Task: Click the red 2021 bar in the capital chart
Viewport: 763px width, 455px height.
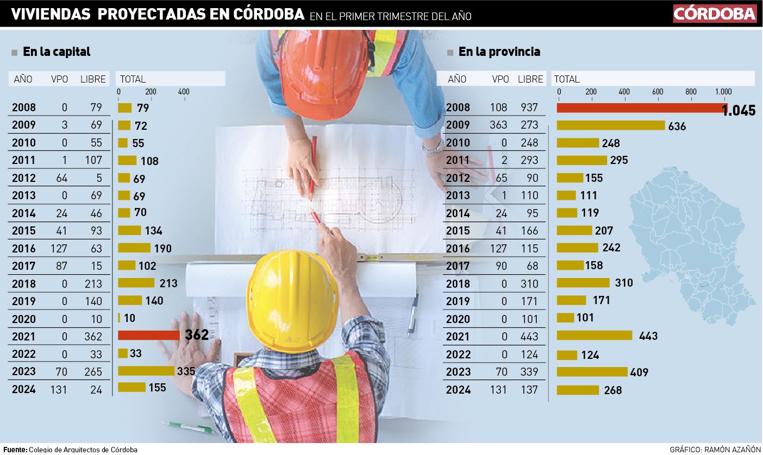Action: click(148, 335)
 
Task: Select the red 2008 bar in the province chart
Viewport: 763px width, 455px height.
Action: click(641, 108)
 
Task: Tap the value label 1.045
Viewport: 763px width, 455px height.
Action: click(739, 111)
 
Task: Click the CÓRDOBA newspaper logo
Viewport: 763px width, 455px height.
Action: click(715, 14)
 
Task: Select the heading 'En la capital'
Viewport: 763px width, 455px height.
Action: click(57, 52)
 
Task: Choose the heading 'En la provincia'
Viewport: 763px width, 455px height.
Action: click(499, 52)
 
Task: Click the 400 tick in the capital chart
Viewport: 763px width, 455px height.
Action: click(184, 92)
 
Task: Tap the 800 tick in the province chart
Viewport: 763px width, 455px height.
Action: click(690, 92)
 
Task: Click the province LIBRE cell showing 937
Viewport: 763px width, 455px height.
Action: click(528, 108)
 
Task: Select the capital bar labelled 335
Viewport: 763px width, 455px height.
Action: click(146, 371)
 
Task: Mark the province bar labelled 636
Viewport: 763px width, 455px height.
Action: click(611, 125)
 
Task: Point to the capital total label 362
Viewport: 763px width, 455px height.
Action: click(197, 335)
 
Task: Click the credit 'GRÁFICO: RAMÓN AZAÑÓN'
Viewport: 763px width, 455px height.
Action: click(715, 450)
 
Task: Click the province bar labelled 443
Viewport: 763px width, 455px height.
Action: click(595, 336)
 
